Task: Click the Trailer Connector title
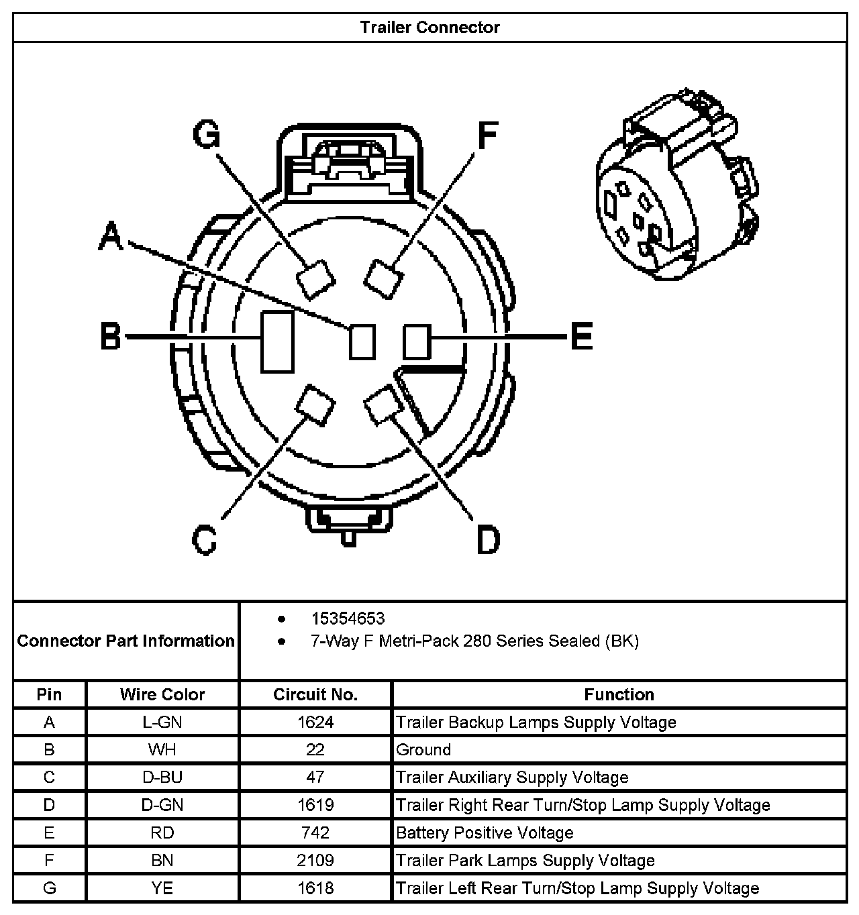click(429, 28)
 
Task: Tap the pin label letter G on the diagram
click(207, 134)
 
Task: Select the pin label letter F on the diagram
click(487, 135)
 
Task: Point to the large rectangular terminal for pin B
click(276, 341)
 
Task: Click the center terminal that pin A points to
click(362, 341)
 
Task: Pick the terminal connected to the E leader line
click(416, 341)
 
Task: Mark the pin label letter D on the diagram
click(488, 539)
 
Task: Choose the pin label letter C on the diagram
click(205, 539)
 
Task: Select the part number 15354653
click(348, 618)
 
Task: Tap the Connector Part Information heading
click(125, 641)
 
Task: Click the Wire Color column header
click(162, 694)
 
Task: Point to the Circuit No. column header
click(315, 694)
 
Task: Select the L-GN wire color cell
click(162, 722)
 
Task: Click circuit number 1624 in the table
click(315, 722)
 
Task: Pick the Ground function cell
click(423, 750)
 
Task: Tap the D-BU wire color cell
click(162, 777)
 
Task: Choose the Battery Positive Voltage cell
click(485, 833)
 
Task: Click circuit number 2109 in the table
click(315, 861)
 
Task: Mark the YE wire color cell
click(162, 889)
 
